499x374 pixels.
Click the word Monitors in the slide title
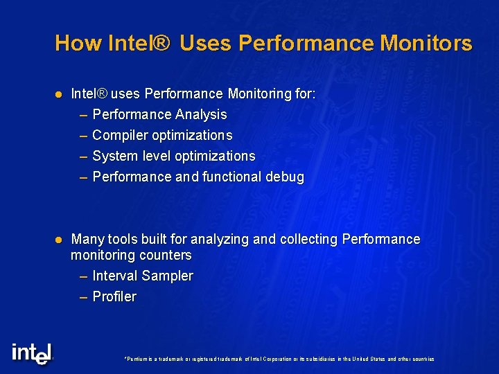tap(426, 44)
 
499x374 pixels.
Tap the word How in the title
tap(71, 44)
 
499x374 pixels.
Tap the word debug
tap(285, 177)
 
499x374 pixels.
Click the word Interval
tap(114, 276)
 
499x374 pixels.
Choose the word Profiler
tap(114, 296)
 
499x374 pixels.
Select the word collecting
tap(309, 239)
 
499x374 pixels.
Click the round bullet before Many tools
tap(59, 239)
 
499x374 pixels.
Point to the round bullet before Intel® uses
tap(59, 93)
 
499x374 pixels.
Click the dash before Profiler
tap(84, 296)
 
